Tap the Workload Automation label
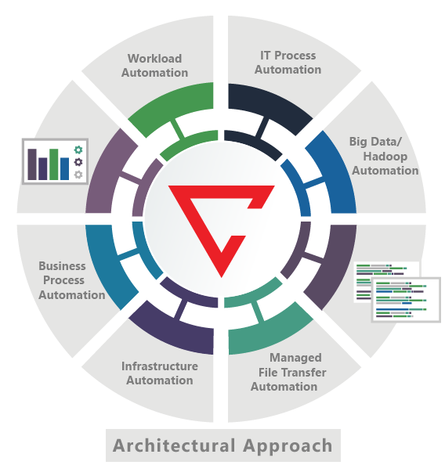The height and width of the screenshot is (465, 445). point(154,66)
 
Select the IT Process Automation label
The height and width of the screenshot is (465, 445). point(288,63)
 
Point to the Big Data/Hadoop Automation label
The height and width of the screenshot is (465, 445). point(385,156)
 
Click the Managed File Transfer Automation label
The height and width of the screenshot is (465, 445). point(288,372)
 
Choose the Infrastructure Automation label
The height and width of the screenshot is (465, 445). point(160,373)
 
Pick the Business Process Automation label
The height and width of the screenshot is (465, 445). point(71,280)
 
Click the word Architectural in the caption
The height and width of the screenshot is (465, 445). point(174,445)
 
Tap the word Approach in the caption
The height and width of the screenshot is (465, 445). point(288,446)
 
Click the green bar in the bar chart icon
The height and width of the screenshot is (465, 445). point(54,164)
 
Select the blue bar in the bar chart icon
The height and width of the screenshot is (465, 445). point(65,169)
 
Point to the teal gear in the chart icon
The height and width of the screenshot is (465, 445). point(78,150)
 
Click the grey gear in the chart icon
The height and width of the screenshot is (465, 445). point(78,175)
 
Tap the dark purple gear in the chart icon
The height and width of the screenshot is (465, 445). point(78,162)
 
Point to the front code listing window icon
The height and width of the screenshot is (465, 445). point(406,300)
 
